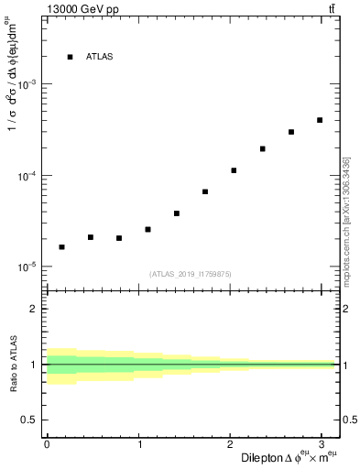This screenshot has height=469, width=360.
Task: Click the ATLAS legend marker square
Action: point(70,57)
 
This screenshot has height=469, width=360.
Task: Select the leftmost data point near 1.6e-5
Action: point(61,247)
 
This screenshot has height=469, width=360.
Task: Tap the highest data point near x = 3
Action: point(320,120)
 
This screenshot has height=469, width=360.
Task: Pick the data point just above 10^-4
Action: point(234,170)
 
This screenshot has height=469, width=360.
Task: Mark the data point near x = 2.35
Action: point(262,148)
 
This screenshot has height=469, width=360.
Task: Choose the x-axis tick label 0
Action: point(47,444)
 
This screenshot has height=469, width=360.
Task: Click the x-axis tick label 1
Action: point(138,444)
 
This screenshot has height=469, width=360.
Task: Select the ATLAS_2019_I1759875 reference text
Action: point(191,273)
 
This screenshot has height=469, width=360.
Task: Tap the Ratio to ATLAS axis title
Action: point(14,365)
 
